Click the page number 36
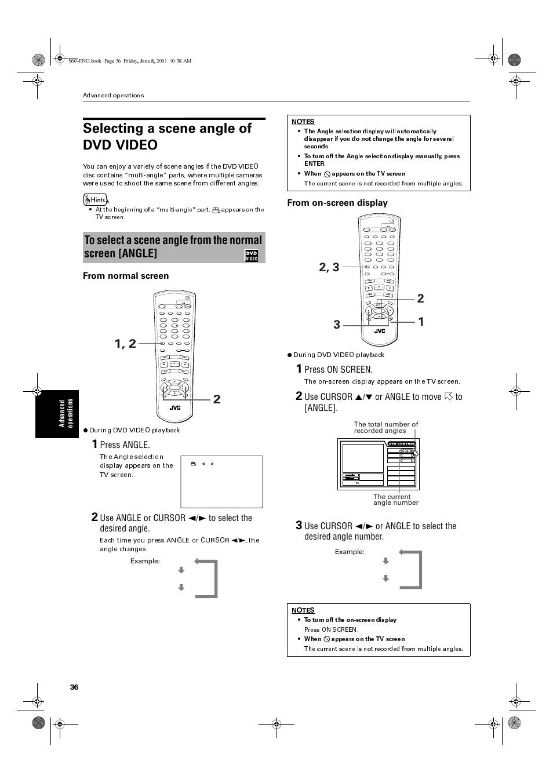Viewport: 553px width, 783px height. pos(74,687)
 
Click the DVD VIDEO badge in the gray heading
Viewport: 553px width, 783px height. pos(252,256)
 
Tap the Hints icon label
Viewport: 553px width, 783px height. pos(95,200)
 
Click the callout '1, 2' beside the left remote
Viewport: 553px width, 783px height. pos(125,344)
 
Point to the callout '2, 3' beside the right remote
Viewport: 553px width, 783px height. pos(329,267)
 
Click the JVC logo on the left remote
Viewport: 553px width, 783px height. pos(175,407)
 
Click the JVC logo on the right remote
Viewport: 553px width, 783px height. pos(379,332)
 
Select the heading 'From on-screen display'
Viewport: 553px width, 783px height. pos(337,203)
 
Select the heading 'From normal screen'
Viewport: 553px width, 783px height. pos(126,276)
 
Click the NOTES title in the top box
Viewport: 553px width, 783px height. pos(303,122)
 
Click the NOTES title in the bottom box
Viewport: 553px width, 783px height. pos(303,610)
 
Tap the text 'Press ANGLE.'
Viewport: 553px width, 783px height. pos(125,445)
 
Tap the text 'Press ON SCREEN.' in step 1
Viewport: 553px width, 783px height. pos(338,370)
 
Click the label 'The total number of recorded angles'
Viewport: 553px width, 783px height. pos(385,427)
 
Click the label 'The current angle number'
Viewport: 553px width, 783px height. pos(395,500)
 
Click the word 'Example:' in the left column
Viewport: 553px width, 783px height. pos(145,561)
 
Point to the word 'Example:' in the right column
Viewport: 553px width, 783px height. pos(350,552)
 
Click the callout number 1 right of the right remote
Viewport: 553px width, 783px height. pos(421,322)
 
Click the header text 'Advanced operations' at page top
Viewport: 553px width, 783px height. pos(113,96)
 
